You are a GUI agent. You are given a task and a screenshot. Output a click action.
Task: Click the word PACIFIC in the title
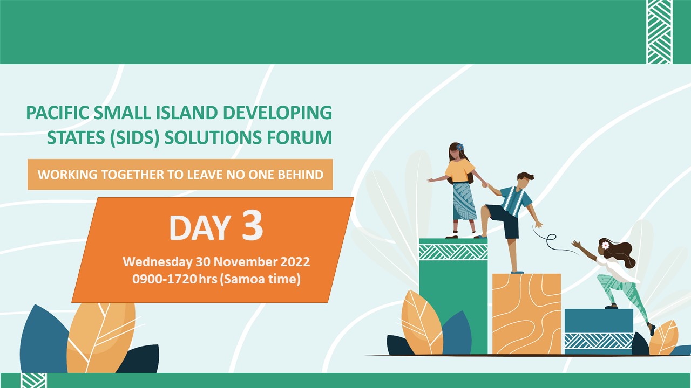coord(58,113)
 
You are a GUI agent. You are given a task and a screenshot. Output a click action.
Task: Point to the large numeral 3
coord(252,225)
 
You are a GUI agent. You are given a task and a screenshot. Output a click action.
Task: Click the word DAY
coord(200,227)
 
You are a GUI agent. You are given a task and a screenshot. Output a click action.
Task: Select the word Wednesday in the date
coord(157,262)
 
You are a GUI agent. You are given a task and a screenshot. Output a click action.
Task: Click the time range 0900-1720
coord(165,279)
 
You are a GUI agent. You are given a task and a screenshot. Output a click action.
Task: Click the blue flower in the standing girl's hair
coord(460,147)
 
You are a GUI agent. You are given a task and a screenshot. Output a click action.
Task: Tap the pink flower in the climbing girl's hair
coord(606,245)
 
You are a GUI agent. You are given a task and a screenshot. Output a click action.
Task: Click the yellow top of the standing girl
coord(459,171)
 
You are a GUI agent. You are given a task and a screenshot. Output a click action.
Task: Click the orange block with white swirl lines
coord(526,314)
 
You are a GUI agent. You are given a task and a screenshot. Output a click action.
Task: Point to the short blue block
coord(599,331)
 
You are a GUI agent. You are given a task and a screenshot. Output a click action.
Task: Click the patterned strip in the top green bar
coord(659,32)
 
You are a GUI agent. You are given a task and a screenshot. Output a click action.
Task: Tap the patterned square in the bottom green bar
coord(34,380)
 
